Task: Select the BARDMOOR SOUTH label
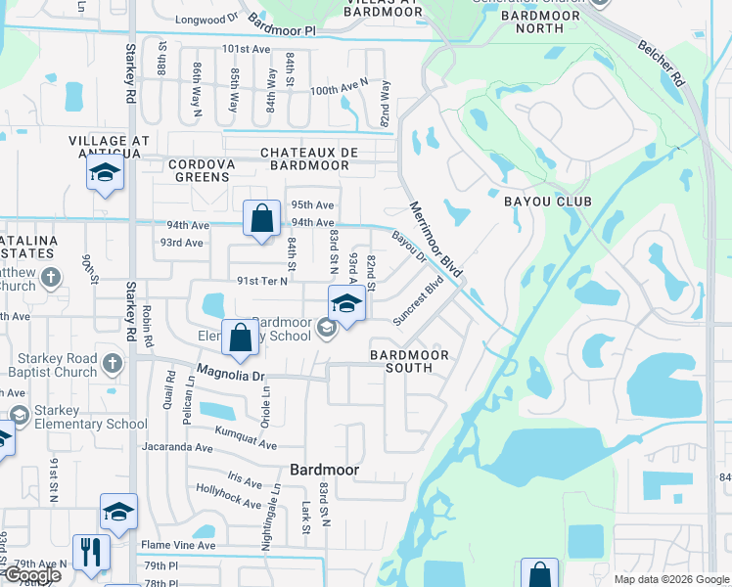[x=409, y=361]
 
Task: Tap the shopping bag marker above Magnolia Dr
[x=241, y=338]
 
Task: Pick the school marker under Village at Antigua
[x=105, y=175]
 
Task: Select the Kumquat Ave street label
[x=243, y=441]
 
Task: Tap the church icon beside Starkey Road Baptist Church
[x=113, y=364]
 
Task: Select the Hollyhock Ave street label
[x=228, y=496]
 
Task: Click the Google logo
[x=31, y=575]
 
